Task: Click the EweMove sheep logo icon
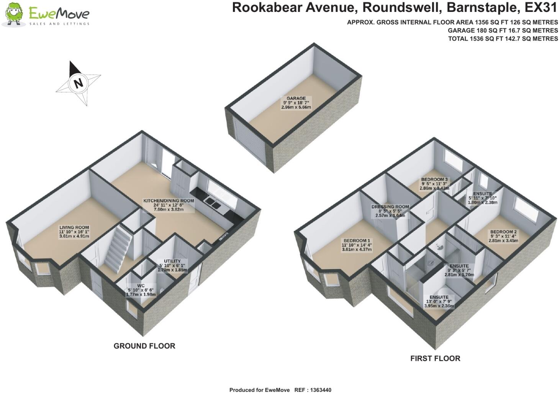coord(14,14)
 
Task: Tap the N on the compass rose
coord(79,83)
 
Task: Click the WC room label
coord(141,289)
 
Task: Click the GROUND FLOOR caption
coord(144,346)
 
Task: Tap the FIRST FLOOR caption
coord(435,358)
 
